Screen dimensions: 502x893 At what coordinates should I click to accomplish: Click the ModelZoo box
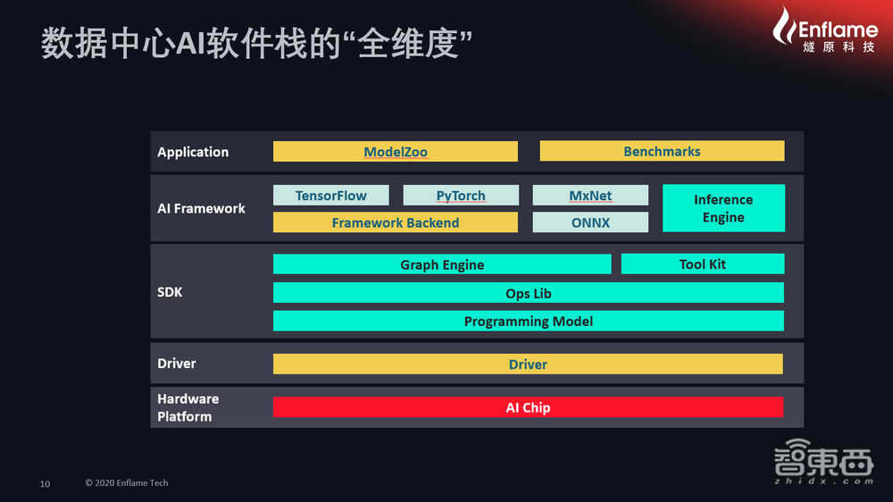pos(395,152)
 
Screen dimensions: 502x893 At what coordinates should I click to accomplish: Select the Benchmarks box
pos(662,152)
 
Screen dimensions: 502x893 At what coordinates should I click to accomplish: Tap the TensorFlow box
pos(330,196)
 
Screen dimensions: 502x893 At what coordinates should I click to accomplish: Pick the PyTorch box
pos(461,196)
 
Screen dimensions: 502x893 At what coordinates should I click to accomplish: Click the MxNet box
pos(590,196)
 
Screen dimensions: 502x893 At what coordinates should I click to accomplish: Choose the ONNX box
pos(590,222)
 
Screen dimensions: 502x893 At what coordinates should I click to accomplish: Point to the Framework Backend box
pos(395,222)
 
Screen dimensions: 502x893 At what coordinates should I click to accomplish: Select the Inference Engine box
pos(723,208)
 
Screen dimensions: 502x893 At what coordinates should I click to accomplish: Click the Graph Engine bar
pos(442,264)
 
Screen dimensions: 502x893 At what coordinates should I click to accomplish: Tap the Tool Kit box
pos(703,264)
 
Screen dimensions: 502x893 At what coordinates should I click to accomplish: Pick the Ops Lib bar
pos(529,293)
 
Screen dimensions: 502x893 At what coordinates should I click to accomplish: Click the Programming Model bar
pos(529,322)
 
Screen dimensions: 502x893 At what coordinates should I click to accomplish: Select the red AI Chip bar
pos(528,407)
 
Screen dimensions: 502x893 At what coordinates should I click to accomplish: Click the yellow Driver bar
pos(528,364)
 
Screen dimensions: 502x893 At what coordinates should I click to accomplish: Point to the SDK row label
pos(170,292)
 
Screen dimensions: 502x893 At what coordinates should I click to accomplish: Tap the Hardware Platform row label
pos(188,407)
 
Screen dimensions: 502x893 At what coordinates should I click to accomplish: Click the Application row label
pos(193,152)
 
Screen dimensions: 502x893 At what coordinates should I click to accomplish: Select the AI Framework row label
pos(201,208)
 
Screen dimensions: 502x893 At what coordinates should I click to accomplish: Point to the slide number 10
pos(45,484)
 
